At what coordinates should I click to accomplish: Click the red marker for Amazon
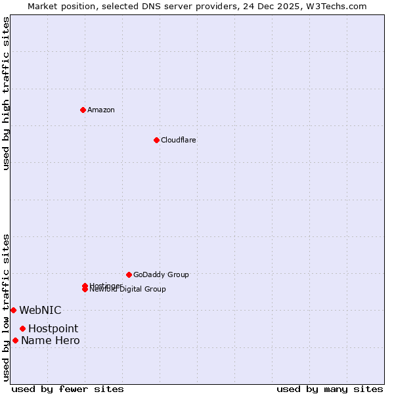83,110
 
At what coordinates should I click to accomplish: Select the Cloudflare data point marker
156,140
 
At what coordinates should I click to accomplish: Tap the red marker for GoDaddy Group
129,274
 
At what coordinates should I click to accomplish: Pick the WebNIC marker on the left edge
13,310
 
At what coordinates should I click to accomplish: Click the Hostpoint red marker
22,328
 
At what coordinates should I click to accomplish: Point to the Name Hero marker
15,340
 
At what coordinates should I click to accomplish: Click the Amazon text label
101,110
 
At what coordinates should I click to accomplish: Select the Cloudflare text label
179,140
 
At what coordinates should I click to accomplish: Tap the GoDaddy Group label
161,274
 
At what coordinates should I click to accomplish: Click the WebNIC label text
40,310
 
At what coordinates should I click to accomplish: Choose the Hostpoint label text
53,328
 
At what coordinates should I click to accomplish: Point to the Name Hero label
51,340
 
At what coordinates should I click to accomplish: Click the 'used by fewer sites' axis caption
68,389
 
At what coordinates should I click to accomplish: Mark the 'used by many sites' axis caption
330,389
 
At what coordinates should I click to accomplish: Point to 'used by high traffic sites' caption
6,93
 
